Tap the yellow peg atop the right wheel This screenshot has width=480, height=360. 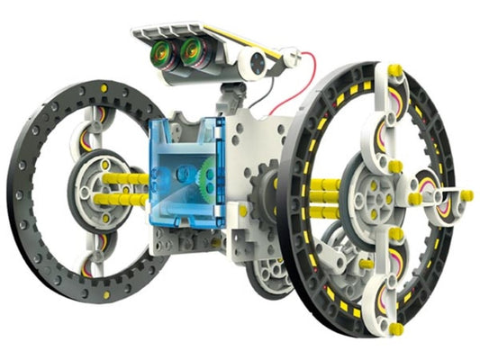tap(393, 69)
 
